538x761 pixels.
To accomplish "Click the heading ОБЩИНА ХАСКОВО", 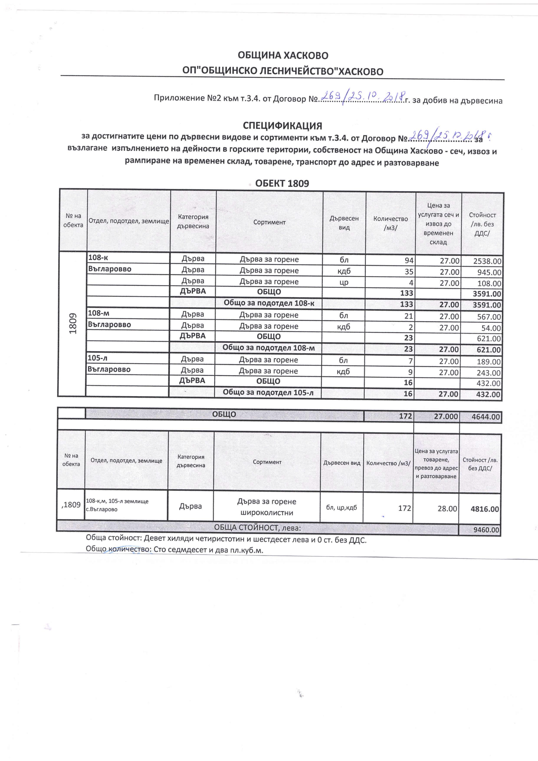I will click(x=283, y=55).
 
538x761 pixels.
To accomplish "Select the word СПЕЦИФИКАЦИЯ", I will click(x=282, y=126).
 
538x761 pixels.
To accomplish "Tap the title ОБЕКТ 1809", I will click(x=282, y=184).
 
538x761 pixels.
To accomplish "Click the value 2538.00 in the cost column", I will click(x=487, y=261).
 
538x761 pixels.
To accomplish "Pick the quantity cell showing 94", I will click(x=409, y=261).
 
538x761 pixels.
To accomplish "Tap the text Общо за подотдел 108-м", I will click(x=269, y=348).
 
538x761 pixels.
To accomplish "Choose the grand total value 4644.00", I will click(x=486, y=417).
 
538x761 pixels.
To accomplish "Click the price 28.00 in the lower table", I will click(x=447, y=508).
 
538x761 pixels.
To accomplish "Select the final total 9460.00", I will click(x=486, y=530).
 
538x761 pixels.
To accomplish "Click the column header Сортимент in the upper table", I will click(x=269, y=222).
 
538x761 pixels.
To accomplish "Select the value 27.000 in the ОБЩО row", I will click(x=446, y=416).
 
